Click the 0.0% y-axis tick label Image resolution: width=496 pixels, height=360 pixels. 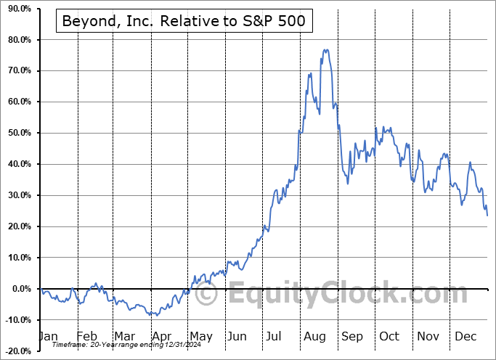pyautogui.click(x=19, y=289)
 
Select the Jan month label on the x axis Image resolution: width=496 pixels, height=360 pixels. pyautogui.click(x=48, y=336)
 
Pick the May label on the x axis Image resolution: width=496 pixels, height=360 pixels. pyautogui.click(x=200, y=336)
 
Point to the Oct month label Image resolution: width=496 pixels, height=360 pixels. pyautogui.click(x=389, y=336)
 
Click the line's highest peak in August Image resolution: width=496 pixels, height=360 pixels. pyautogui.click(x=326, y=49)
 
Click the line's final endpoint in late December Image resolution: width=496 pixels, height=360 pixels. pyautogui.click(x=487, y=216)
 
